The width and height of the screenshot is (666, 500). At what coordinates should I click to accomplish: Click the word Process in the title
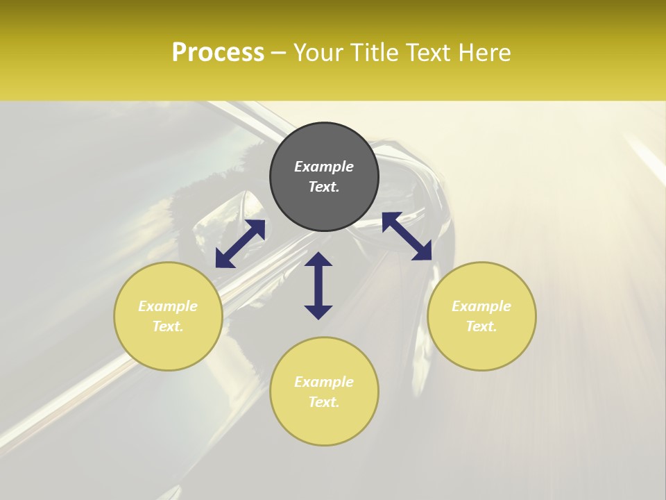[x=218, y=53]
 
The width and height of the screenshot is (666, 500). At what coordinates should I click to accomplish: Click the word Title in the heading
[x=375, y=53]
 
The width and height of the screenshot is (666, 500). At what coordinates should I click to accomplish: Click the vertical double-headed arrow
[x=318, y=285]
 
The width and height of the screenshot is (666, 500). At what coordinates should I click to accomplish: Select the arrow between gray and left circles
[x=240, y=244]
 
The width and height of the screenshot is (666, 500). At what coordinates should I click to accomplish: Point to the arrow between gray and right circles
[x=407, y=236]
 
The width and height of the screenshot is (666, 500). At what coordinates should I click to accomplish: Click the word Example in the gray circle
[x=324, y=167]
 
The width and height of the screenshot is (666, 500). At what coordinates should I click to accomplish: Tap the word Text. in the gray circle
[x=324, y=187]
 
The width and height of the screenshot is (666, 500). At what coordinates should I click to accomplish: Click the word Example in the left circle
[x=168, y=306]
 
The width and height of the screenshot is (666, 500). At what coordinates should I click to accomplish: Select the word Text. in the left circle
[x=168, y=326]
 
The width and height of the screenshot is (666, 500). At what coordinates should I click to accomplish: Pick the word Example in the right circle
[x=481, y=306]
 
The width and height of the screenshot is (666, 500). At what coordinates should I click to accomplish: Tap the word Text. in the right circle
[x=481, y=326]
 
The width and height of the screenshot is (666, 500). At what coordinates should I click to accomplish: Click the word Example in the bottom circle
[x=324, y=382]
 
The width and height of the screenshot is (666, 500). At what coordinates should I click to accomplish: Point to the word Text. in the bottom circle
[x=324, y=402]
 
